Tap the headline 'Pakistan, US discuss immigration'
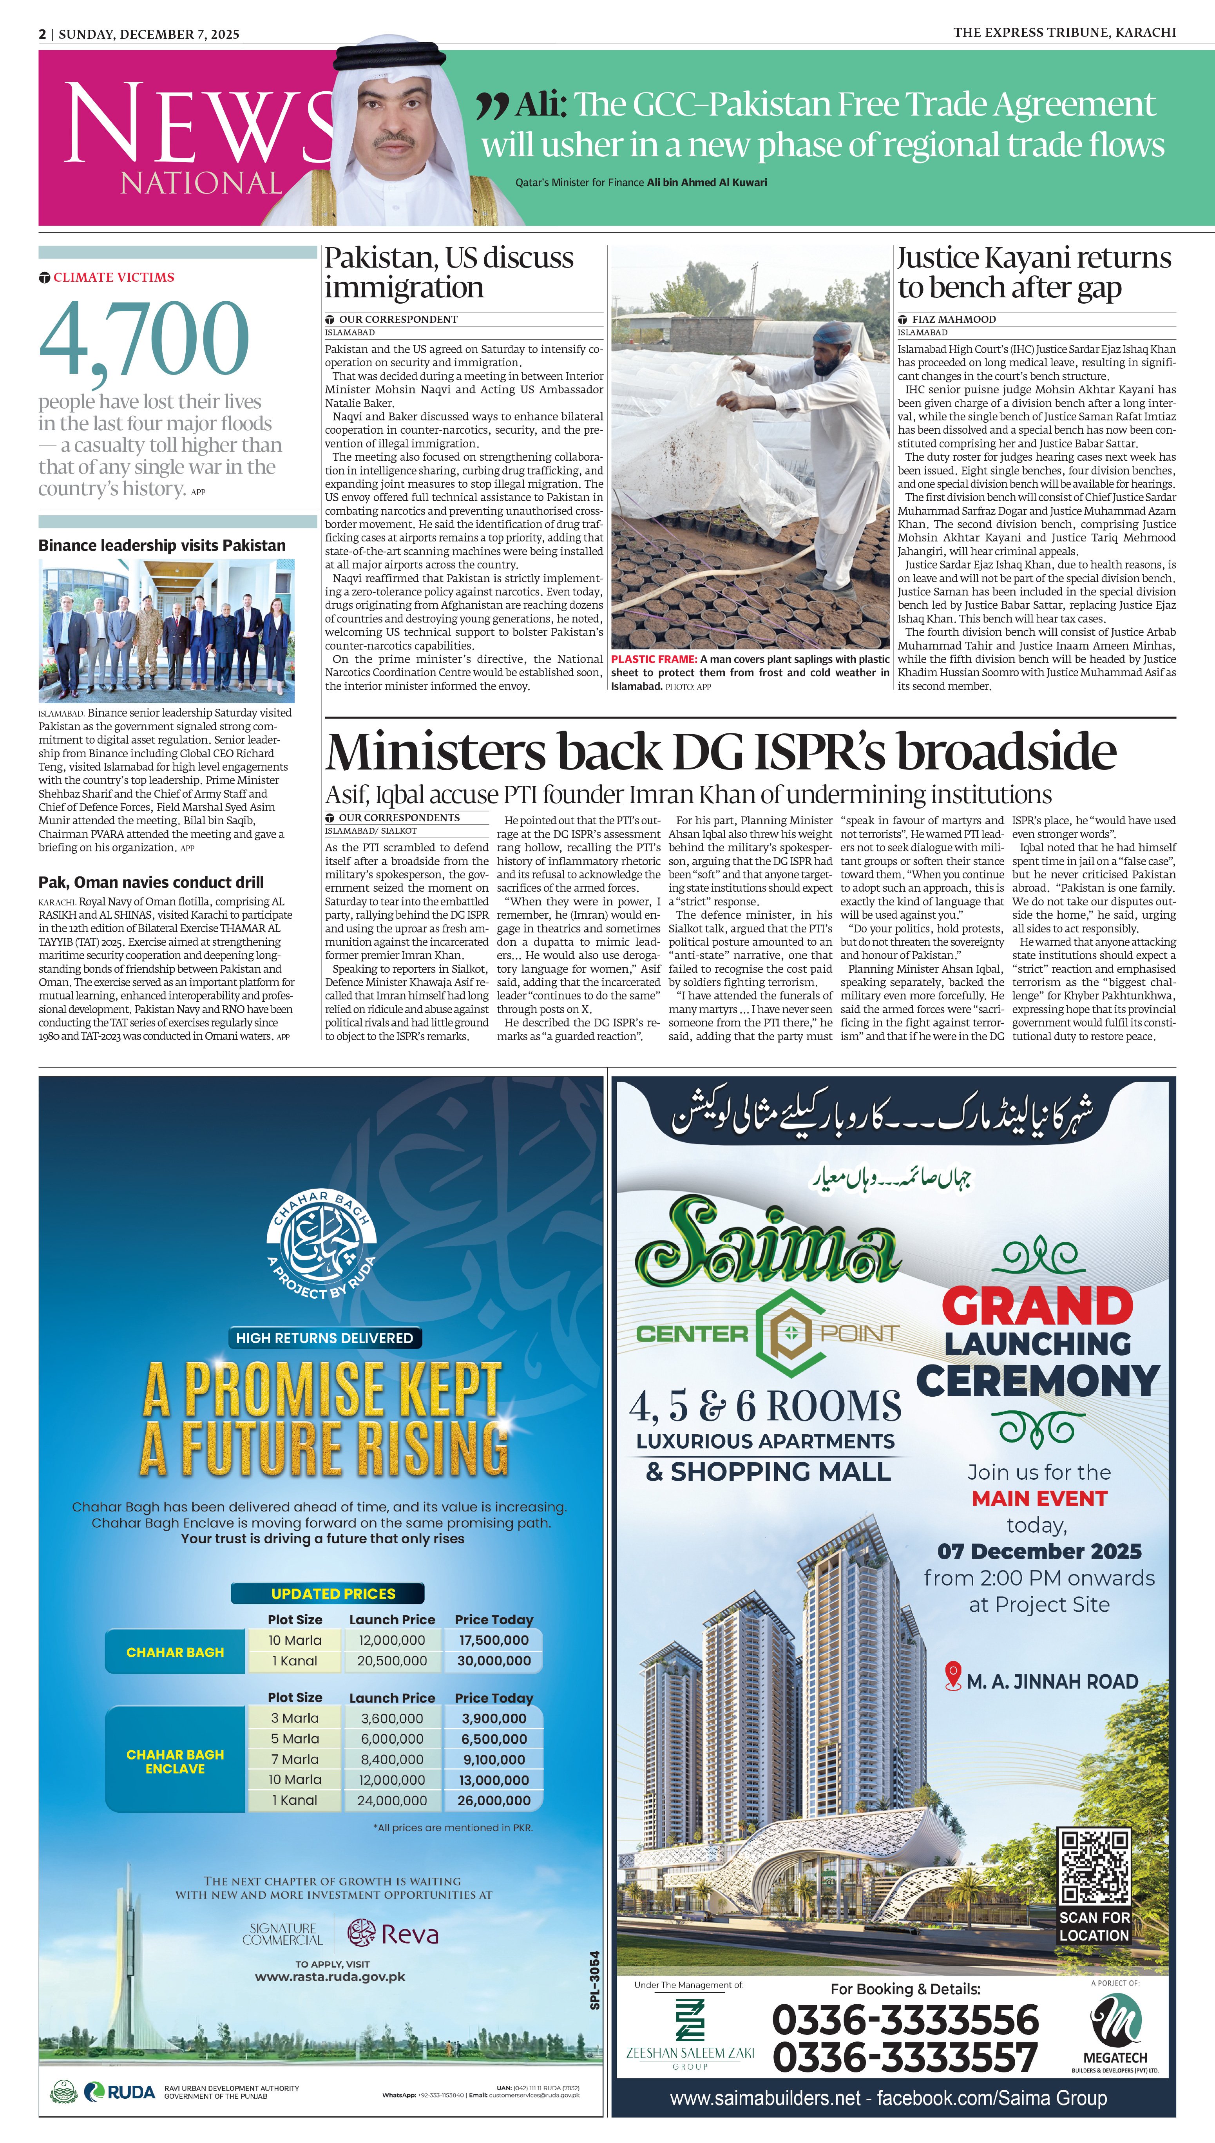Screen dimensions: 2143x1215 (449, 272)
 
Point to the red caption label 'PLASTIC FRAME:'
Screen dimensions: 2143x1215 (654, 659)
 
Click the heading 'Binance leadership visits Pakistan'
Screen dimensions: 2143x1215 (162, 546)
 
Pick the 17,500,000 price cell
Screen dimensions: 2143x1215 (494, 1640)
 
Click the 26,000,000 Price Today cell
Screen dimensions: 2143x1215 (494, 1800)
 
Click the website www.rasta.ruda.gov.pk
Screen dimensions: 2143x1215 (330, 1977)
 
